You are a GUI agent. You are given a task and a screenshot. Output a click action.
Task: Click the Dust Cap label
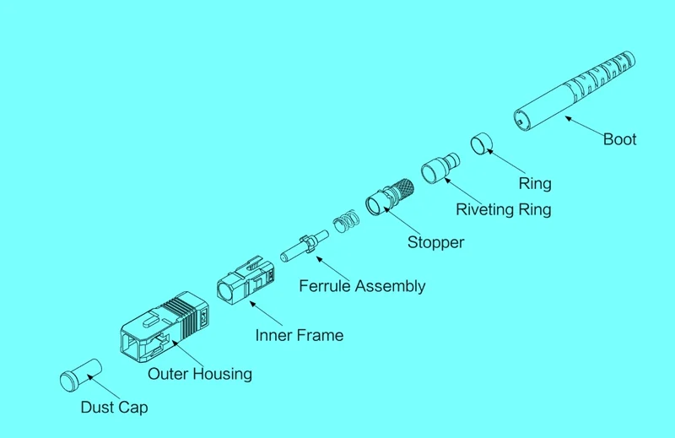click(114, 408)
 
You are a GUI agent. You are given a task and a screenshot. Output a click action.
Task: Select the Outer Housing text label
click(200, 373)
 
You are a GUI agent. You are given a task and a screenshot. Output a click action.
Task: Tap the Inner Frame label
click(300, 335)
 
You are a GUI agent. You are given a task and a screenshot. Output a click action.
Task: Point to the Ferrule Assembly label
click(362, 286)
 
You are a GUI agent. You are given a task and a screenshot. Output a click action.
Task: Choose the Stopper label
click(435, 242)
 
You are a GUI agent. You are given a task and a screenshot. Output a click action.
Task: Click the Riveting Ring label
click(504, 209)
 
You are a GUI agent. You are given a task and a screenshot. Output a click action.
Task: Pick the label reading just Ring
click(534, 182)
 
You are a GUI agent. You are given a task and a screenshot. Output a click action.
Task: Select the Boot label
click(619, 139)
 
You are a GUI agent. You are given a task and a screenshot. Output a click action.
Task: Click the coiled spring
click(346, 222)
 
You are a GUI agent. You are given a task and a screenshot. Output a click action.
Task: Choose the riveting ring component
click(440, 166)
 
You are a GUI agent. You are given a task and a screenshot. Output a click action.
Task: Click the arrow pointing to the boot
click(582, 126)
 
